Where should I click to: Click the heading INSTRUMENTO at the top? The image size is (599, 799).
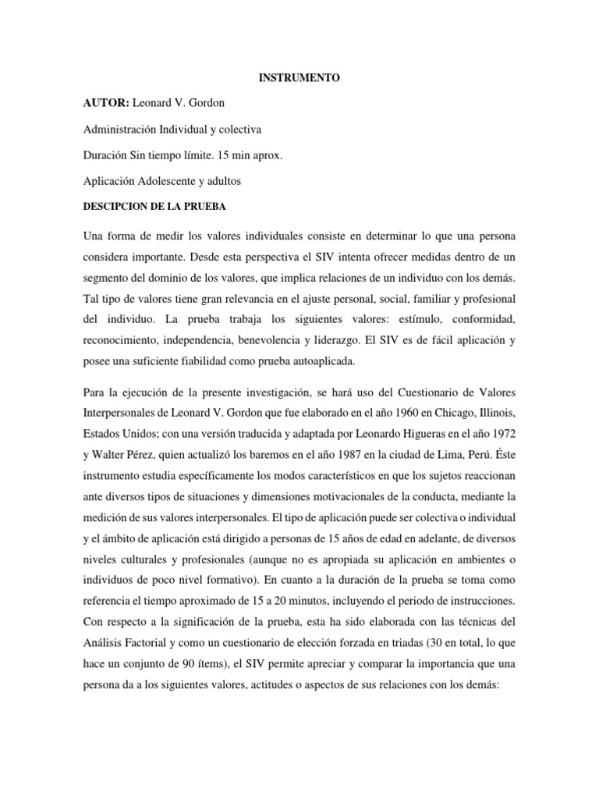(299, 79)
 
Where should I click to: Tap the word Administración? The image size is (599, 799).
(125, 130)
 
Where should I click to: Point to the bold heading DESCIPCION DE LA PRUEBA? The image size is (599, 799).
(149, 207)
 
